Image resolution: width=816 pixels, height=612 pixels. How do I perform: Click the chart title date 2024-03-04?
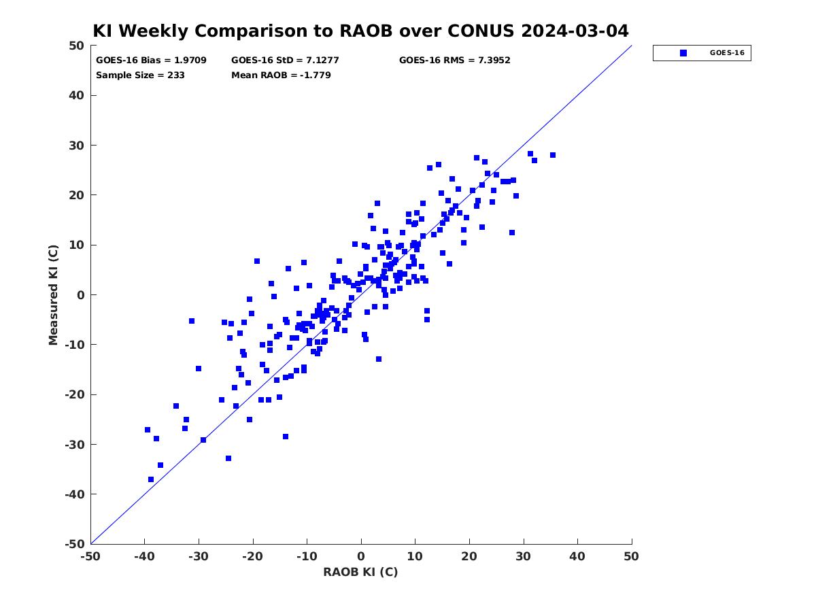(x=575, y=31)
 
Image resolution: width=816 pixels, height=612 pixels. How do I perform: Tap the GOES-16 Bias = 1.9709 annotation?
(x=151, y=61)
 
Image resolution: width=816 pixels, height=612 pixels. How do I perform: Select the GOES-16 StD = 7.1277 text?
(x=285, y=61)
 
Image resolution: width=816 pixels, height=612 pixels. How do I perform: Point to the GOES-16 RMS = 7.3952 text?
(x=454, y=61)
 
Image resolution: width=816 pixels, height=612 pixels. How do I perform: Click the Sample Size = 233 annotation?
(x=140, y=75)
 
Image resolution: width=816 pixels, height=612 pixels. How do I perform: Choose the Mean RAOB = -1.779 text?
(x=281, y=75)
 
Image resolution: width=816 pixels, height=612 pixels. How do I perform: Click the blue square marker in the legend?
(x=683, y=53)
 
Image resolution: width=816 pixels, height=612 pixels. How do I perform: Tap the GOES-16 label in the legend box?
(x=727, y=53)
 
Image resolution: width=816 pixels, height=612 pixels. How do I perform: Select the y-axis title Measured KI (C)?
(x=53, y=294)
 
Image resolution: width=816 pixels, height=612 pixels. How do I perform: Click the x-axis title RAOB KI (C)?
(x=360, y=571)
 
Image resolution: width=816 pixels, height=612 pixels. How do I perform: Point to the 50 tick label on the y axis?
(x=77, y=46)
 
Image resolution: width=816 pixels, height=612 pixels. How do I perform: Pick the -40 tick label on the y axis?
(x=75, y=494)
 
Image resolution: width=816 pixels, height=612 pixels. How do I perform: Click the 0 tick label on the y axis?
(x=81, y=295)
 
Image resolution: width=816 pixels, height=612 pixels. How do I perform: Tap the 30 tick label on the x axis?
(x=523, y=556)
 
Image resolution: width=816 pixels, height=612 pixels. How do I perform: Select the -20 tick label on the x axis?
(x=252, y=556)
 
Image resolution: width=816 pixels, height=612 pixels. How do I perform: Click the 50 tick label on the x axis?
(x=631, y=556)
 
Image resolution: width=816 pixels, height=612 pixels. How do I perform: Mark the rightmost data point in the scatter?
(x=552, y=155)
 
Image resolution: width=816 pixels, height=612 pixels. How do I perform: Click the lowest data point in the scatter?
(x=150, y=479)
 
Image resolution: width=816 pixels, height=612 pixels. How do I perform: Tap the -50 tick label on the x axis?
(x=90, y=556)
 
